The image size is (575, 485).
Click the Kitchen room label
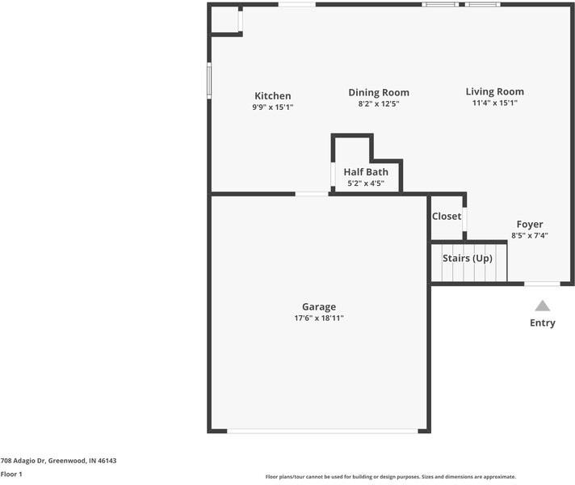coord(272,95)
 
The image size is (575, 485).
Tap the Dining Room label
coord(379,92)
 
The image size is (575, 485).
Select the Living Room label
coord(494,91)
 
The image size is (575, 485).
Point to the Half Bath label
coord(366,171)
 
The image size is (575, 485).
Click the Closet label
coord(447,216)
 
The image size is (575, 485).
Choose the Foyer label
coord(530,224)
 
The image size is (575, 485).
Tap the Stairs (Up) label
coord(467,258)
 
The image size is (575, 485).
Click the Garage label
coord(319,306)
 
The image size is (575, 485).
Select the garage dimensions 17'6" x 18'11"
coord(319,318)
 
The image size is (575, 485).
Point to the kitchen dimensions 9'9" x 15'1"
coord(272,107)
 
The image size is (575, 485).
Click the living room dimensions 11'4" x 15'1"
coord(494,103)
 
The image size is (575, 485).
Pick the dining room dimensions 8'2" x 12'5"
coord(379,103)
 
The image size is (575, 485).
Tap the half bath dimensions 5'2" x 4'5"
coord(366,183)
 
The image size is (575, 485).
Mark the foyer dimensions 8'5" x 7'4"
coord(530,235)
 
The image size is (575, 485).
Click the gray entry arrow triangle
coord(543,306)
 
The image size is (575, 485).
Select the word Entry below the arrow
coord(543,323)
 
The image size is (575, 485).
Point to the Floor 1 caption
coord(11,474)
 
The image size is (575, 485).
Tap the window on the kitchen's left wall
coord(209,81)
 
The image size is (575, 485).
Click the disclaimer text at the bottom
coord(390,477)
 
